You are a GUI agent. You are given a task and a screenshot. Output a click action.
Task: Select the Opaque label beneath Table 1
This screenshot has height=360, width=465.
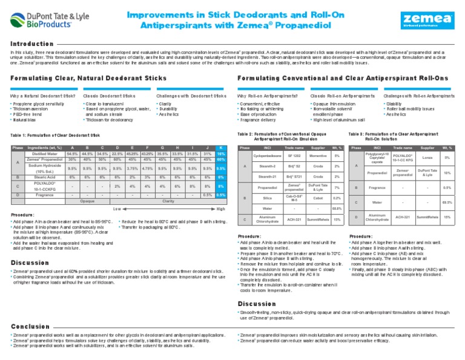point(88,201)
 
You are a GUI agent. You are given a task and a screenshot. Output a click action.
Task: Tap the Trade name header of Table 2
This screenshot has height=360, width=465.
point(293,147)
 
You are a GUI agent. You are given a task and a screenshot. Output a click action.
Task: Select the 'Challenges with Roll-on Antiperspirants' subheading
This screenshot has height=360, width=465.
point(420,96)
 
